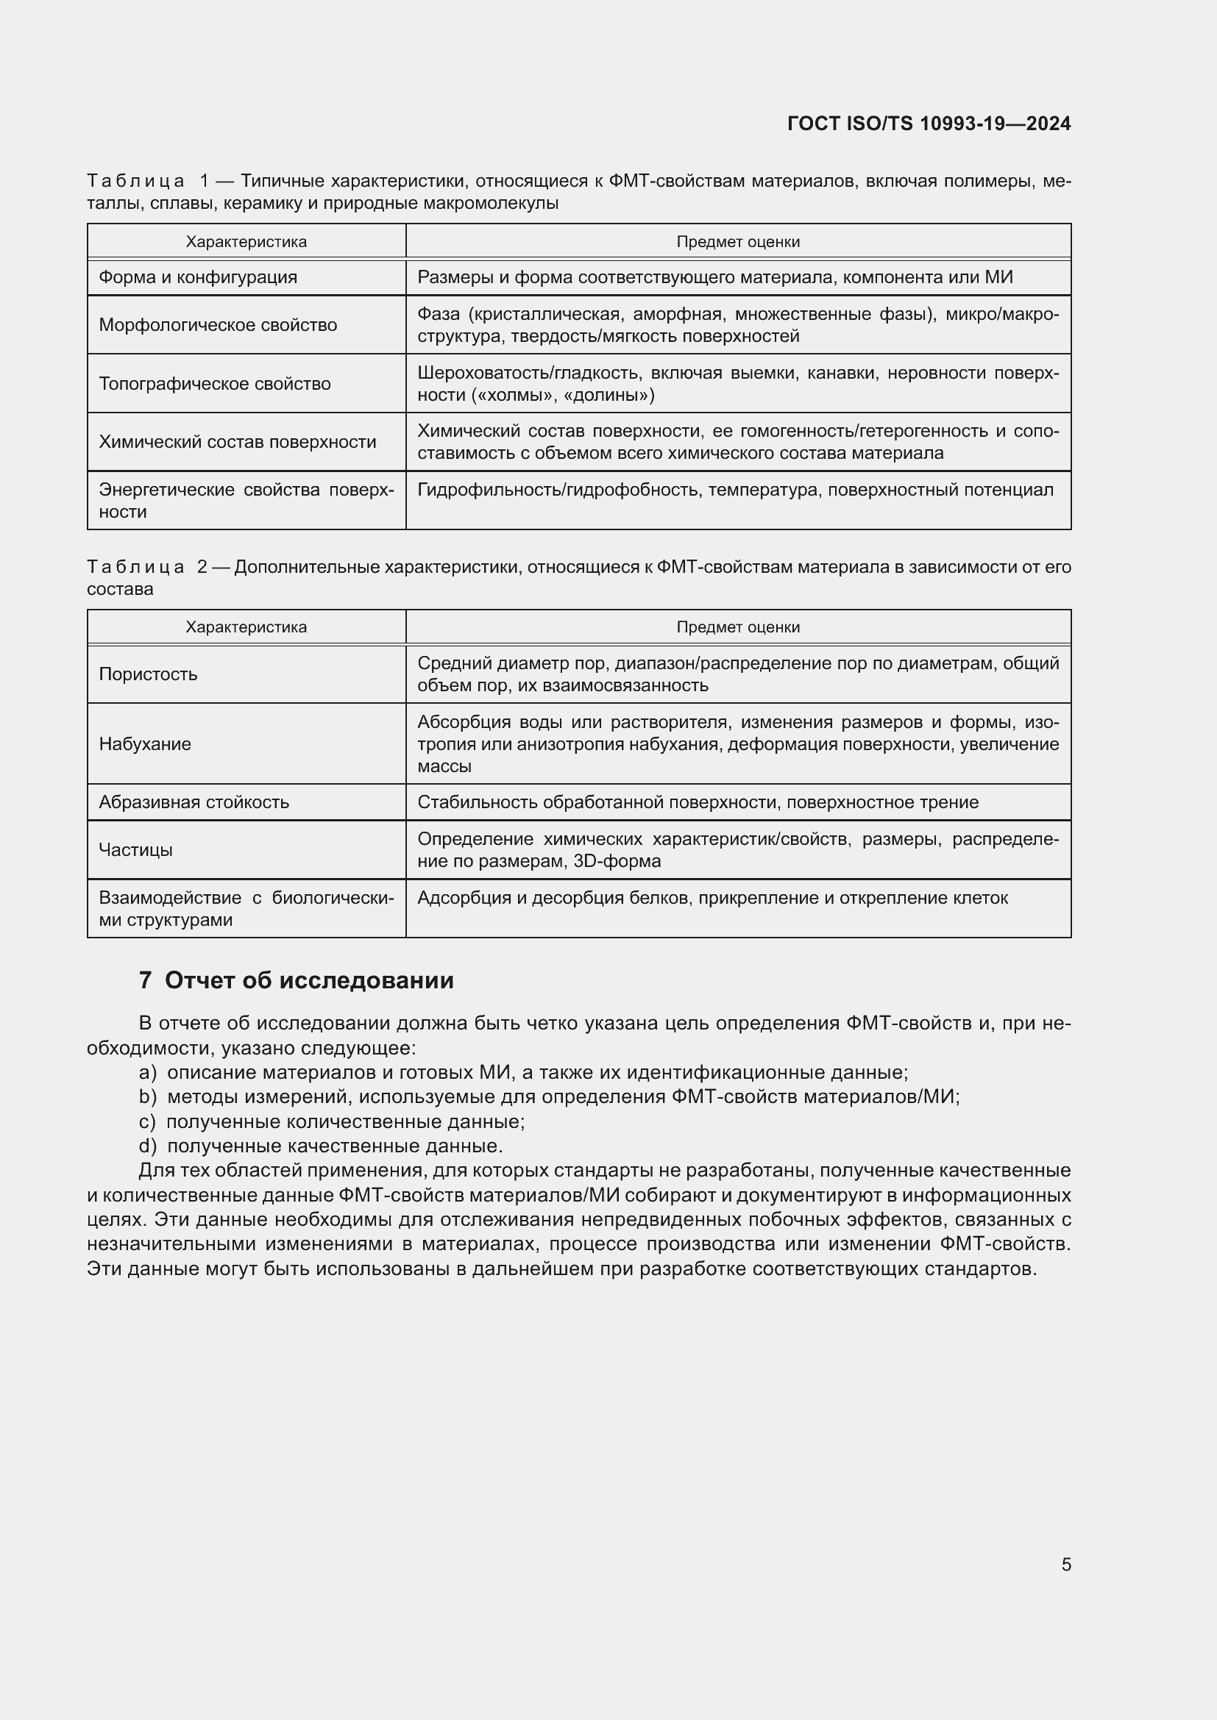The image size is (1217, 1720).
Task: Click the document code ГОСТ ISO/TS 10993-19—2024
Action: pos(929,124)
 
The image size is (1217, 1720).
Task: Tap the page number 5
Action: pos(1065,1564)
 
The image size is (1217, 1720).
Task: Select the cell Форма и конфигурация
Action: pos(198,277)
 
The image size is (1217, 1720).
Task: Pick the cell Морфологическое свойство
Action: pos(217,325)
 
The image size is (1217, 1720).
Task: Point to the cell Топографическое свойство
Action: pos(214,384)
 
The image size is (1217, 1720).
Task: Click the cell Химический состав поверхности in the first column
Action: pos(237,442)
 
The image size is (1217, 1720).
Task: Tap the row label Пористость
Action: pos(148,674)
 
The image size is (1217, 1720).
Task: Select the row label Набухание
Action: pos(145,744)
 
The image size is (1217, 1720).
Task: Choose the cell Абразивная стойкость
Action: pos(194,802)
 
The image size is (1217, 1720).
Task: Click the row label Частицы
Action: pos(135,849)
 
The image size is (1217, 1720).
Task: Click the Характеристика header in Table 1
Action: pos(246,242)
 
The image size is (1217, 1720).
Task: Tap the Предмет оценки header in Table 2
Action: pos(737,627)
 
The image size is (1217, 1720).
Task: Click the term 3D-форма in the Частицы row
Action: pos(617,861)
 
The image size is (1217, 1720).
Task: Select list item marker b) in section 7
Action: pos(147,1096)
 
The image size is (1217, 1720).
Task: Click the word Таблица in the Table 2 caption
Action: pos(135,567)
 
